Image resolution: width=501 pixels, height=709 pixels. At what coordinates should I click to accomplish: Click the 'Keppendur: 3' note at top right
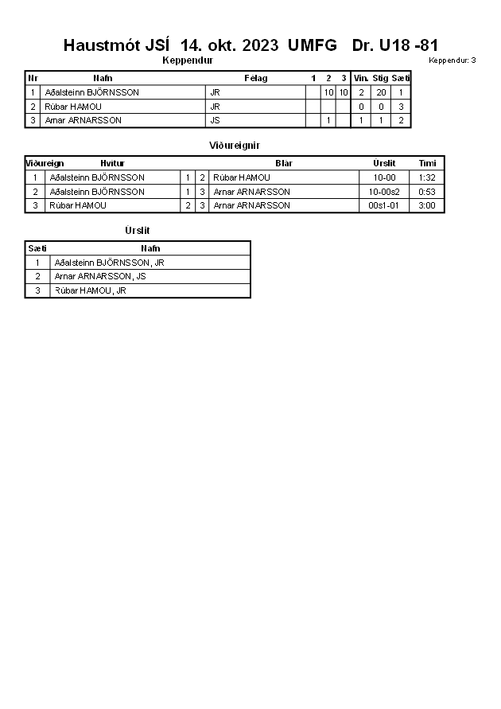click(x=452, y=60)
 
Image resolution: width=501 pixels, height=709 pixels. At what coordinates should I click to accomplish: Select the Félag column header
click(x=255, y=78)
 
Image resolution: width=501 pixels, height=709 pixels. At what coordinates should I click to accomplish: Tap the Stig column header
click(x=380, y=78)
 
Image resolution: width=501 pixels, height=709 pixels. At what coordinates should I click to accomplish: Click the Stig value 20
click(x=380, y=92)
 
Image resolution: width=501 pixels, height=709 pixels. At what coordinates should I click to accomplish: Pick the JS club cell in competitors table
click(x=215, y=120)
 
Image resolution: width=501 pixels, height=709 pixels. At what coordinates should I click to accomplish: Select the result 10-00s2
click(x=384, y=192)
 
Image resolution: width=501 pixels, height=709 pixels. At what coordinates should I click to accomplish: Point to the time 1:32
click(x=427, y=177)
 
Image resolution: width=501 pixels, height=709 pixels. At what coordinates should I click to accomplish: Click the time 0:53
click(x=427, y=192)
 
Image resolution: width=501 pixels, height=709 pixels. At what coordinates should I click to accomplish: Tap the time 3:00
click(x=427, y=205)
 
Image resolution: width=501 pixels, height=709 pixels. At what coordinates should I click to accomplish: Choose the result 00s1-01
click(x=384, y=205)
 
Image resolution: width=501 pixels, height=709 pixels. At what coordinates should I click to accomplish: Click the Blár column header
click(x=284, y=163)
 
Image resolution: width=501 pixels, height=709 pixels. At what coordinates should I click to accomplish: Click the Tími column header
click(x=427, y=163)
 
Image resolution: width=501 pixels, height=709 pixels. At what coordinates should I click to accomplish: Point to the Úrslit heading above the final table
click(x=138, y=231)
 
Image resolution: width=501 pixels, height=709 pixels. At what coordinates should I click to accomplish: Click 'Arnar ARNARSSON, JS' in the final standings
click(x=100, y=276)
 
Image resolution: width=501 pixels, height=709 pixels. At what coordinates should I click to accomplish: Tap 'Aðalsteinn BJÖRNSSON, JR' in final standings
click(x=110, y=262)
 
